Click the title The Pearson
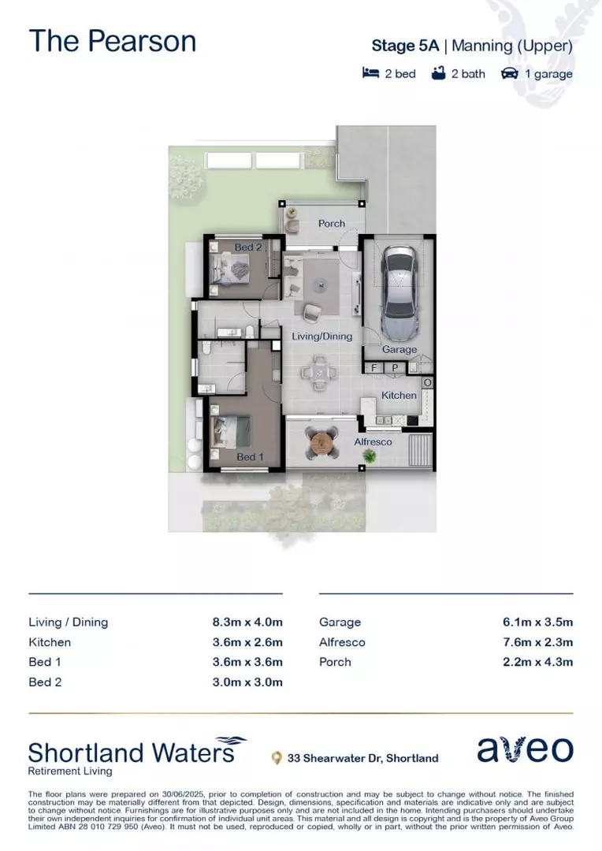pos(113,41)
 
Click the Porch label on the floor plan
pos(331,224)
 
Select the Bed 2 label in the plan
pos(247,247)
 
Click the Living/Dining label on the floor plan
pos(321,336)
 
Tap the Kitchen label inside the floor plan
pos(399,395)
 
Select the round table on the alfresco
pos(323,444)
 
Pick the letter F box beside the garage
pos(373,368)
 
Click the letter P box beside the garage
pos(394,368)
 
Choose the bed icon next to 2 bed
pos(370,73)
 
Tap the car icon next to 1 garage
pos(510,73)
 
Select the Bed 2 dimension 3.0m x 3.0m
pos(247,682)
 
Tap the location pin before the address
pos(276,758)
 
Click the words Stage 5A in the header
pos(406,46)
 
